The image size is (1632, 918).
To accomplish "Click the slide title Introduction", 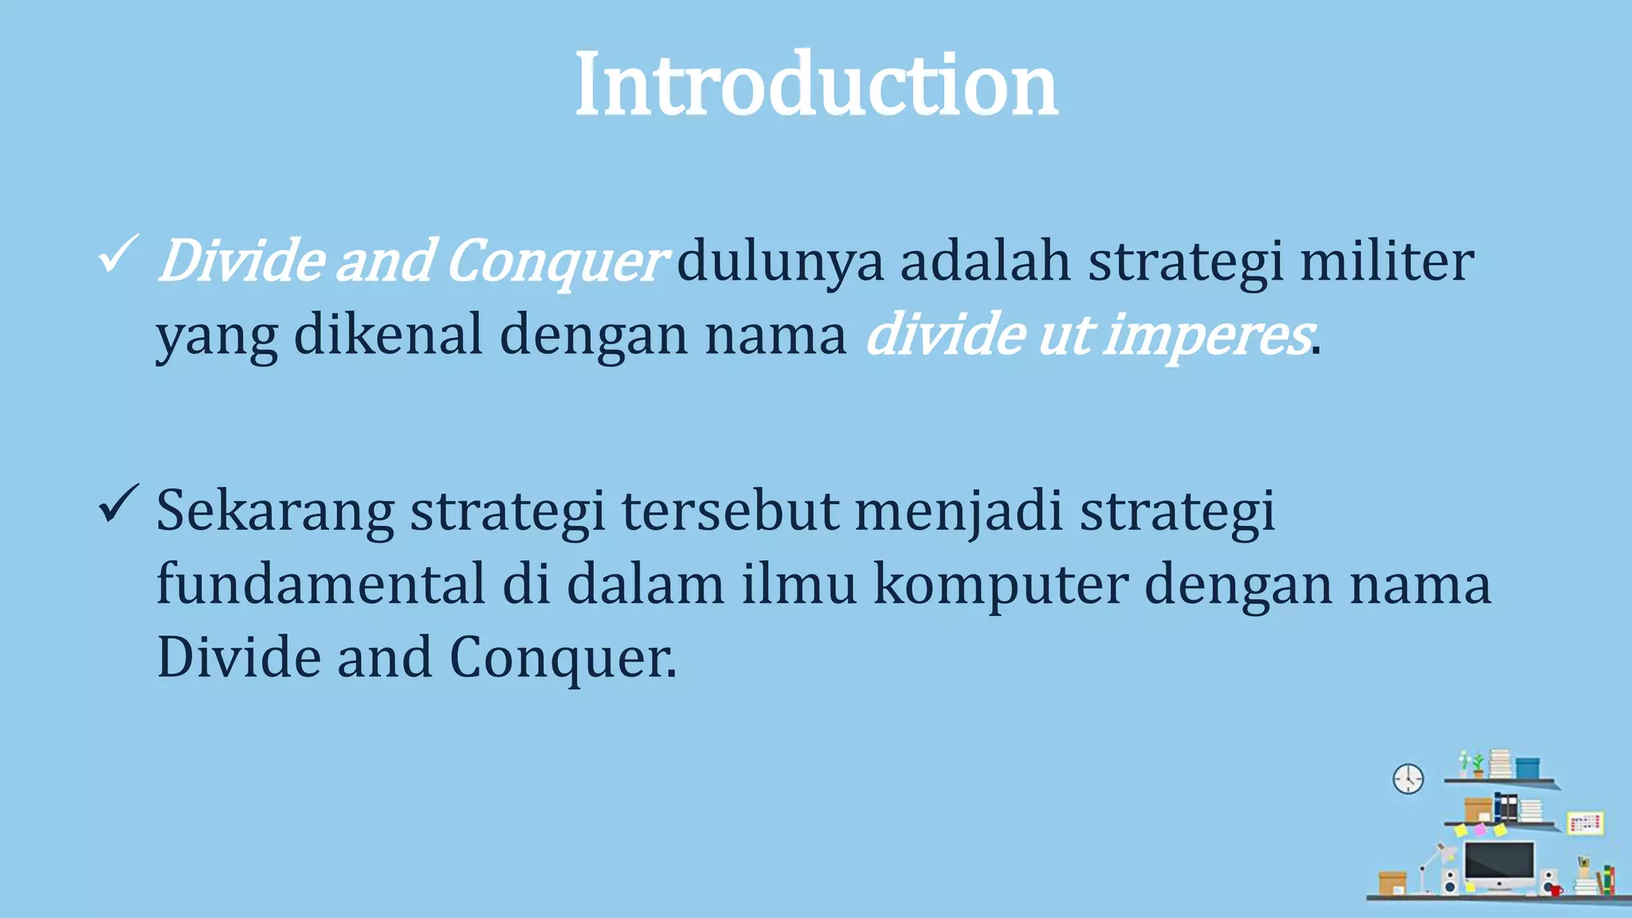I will coord(816,84).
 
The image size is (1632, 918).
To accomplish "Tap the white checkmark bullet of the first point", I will coord(118,254).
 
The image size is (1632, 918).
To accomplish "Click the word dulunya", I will coord(779,261).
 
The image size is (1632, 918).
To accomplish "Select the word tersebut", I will coord(729,511).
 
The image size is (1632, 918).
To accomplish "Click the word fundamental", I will coord(320,584).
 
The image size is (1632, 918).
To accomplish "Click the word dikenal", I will coord(388,335).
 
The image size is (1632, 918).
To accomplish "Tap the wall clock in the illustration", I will coord(1408,779).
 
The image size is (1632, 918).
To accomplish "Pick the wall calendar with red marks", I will coord(1585,823).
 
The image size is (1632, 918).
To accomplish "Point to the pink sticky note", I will coord(1481,830).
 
